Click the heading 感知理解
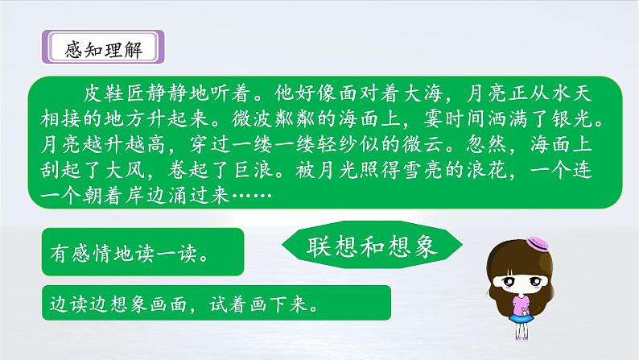(103, 50)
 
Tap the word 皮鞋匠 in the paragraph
(114, 93)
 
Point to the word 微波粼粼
(274, 119)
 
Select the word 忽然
(487, 145)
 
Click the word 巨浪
(254, 171)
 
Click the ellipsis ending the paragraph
(252, 196)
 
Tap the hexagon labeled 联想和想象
(372, 246)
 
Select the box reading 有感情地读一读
(142, 252)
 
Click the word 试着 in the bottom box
(229, 304)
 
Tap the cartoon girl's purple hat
(537, 243)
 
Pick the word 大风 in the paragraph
(125, 171)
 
